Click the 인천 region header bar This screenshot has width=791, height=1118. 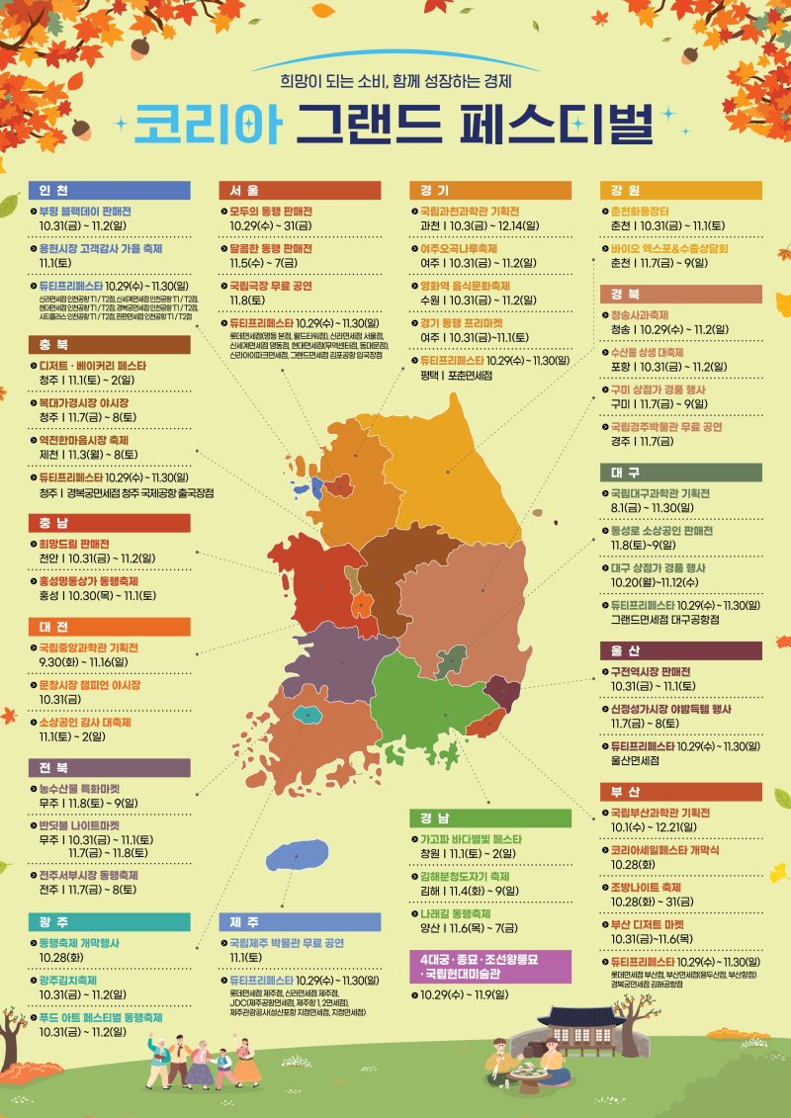(109, 190)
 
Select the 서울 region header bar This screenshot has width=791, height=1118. (299, 190)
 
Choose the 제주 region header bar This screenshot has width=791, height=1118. (299, 921)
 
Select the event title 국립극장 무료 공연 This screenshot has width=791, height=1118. (272, 285)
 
